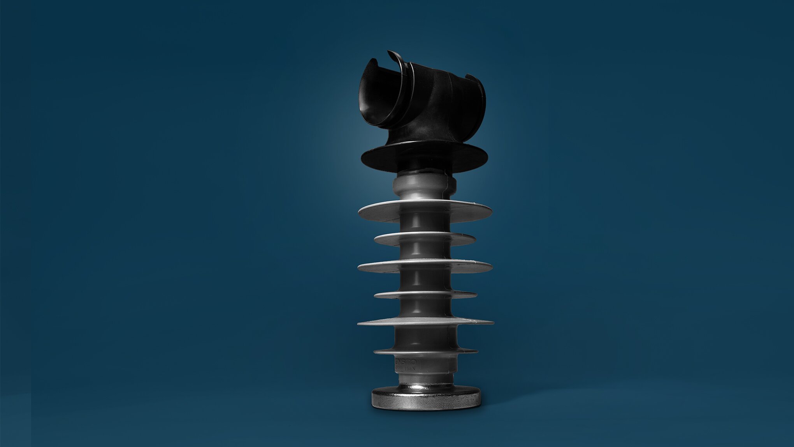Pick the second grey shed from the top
pyautogui.click(x=425, y=239)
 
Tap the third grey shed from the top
pyautogui.click(x=425, y=267)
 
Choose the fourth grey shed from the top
pyautogui.click(x=425, y=295)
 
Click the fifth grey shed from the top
pyautogui.click(x=425, y=322)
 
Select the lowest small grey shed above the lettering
pyautogui.click(x=425, y=351)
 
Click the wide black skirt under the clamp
pyautogui.click(x=424, y=158)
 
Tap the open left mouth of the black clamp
pyautogui.click(x=376, y=94)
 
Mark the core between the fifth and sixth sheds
pyautogui.click(x=424, y=337)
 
